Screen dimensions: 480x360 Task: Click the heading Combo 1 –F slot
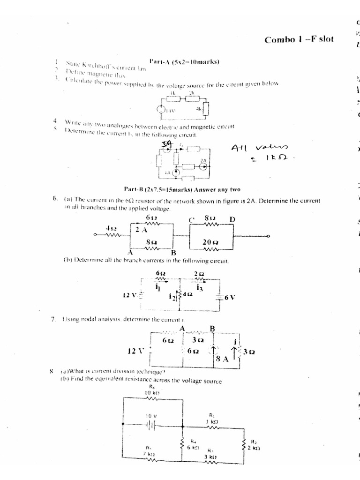(299, 39)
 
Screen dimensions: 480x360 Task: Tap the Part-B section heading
(182, 190)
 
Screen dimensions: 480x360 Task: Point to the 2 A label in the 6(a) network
(141, 230)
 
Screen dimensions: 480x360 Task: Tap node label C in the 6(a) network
(191, 219)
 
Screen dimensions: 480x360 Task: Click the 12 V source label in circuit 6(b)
(129, 296)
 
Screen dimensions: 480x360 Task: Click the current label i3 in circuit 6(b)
(199, 286)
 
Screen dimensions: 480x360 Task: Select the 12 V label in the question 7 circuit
(136, 350)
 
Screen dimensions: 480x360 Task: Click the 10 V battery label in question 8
(150, 415)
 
